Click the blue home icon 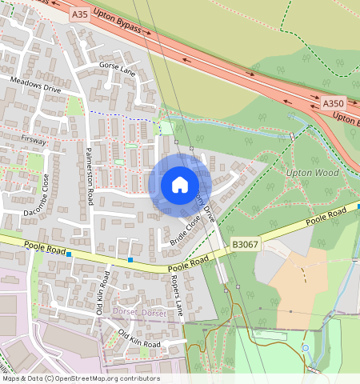point(180,185)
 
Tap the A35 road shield point(79,14)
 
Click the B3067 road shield point(245,243)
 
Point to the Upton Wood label point(311,172)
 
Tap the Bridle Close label point(184,230)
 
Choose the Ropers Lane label point(178,298)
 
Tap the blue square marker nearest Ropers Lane point(130,259)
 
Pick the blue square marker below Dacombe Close point(70,254)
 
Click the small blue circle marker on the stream point(304,349)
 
